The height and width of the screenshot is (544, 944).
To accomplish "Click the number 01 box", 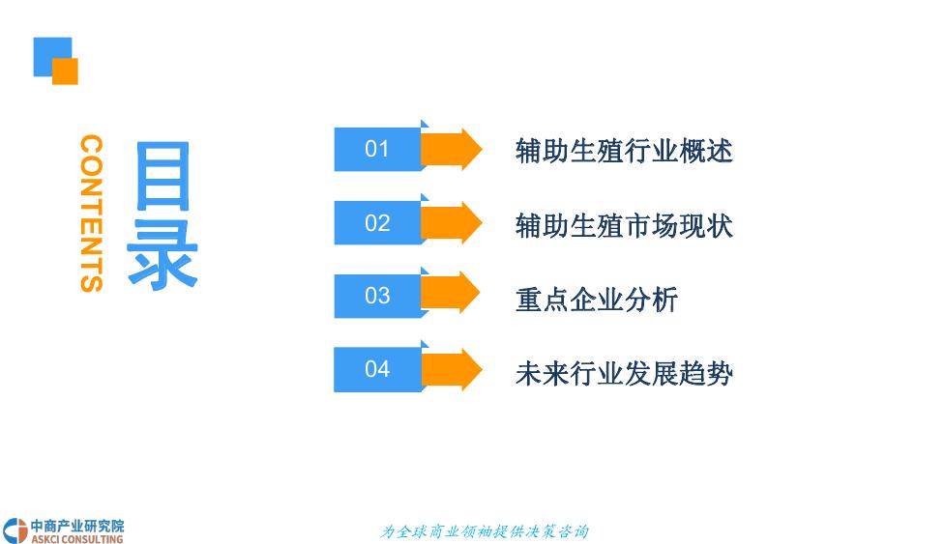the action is point(377,149).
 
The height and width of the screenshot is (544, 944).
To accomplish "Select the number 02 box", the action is point(377,223).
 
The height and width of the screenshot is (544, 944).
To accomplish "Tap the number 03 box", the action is point(377,296).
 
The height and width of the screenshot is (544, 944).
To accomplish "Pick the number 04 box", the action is point(377,369).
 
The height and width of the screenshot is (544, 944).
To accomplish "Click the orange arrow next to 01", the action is point(453,149).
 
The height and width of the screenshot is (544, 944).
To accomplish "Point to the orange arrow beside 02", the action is point(453,223).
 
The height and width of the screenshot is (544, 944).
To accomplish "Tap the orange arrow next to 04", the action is point(453,369).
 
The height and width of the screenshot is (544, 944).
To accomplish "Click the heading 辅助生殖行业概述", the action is point(624,151).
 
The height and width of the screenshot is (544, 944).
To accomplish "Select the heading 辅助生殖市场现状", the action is point(624,225).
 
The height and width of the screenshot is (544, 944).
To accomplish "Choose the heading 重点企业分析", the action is point(597,299).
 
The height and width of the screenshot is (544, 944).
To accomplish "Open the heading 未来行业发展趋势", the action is point(624,373).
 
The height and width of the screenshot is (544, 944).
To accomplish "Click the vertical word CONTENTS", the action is point(91,213).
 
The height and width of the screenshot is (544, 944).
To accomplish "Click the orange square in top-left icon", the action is point(66,72).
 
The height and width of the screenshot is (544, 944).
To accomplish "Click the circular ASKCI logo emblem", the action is point(15,530).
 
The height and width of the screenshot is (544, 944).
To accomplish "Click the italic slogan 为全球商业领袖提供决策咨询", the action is point(485,531).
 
